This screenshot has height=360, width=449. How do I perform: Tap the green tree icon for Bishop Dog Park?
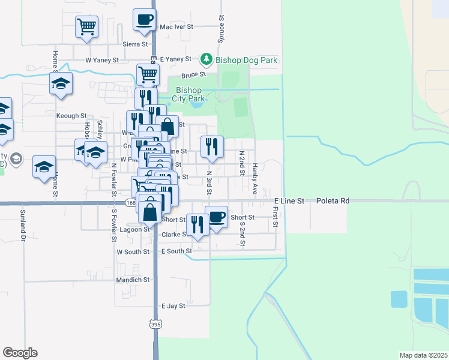(x=206, y=59)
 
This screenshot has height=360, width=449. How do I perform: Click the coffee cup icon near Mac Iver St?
(x=144, y=19)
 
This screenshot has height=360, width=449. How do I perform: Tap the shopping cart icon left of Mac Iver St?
(x=87, y=26)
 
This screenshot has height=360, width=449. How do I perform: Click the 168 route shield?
(x=131, y=203)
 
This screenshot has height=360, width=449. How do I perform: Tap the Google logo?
(x=20, y=353)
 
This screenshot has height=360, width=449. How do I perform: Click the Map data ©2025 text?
(x=423, y=355)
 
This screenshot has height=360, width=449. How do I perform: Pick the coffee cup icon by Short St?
(x=216, y=217)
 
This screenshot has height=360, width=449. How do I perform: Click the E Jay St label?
(x=173, y=305)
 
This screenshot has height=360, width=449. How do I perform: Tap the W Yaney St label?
(x=102, y=60)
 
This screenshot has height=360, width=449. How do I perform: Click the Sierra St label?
(x=135, y=44)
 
